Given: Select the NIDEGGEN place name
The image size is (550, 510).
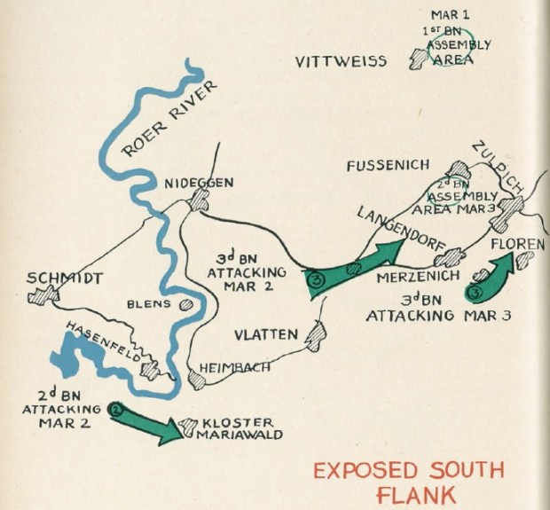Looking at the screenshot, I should [x=200, y=183].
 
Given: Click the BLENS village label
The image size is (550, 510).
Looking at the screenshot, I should [x=150, y=302].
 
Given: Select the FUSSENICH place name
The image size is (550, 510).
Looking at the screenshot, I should [x=388, y=166].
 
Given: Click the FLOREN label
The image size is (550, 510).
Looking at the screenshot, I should [x=516, y=242].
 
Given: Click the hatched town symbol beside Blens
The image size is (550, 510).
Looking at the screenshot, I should [x=185, y=304].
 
